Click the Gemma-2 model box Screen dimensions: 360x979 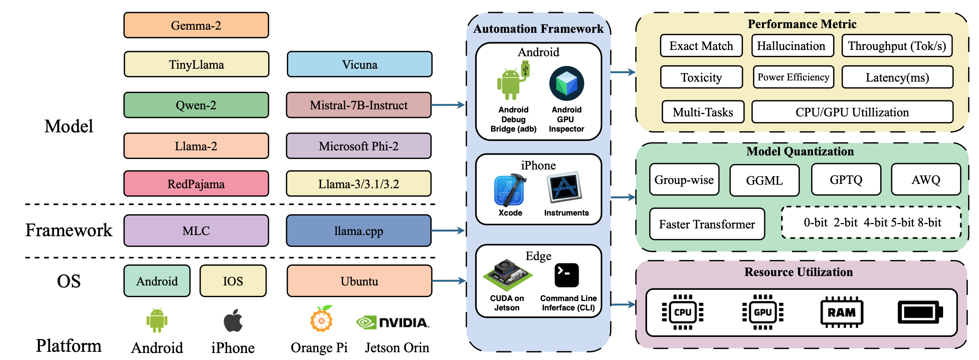(x=196, y=25)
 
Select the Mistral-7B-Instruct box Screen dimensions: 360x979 (x=358, y=105)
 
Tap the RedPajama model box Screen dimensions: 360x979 (x=196, y=184)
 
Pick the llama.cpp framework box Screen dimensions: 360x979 (x=358, y=231)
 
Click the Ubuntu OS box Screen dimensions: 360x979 (x=359, y=281)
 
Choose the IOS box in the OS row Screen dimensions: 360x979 (x=233, y=281)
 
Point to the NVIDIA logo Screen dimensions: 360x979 (x=392, y=323)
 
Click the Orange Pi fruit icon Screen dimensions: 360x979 (x=321, y=319)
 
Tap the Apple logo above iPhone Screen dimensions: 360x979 (x=233, y=321)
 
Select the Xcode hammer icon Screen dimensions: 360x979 (x=510, y=190)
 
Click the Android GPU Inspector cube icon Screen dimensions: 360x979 (x=566, y=84)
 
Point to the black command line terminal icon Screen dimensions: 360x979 (x=566, y=275)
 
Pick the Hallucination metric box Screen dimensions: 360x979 (x=792, y=46)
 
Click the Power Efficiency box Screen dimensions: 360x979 (x=793, y=77)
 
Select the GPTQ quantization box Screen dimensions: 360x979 (x=846, y=180)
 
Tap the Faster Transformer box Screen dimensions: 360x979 (x=707, y=224)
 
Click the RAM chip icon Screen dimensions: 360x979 (x=842, y=312)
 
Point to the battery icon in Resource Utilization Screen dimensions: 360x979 (x=920, y=312)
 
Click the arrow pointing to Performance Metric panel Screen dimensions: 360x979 (x=623, y=72)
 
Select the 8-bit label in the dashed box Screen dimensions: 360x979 (x=929, y=223)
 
